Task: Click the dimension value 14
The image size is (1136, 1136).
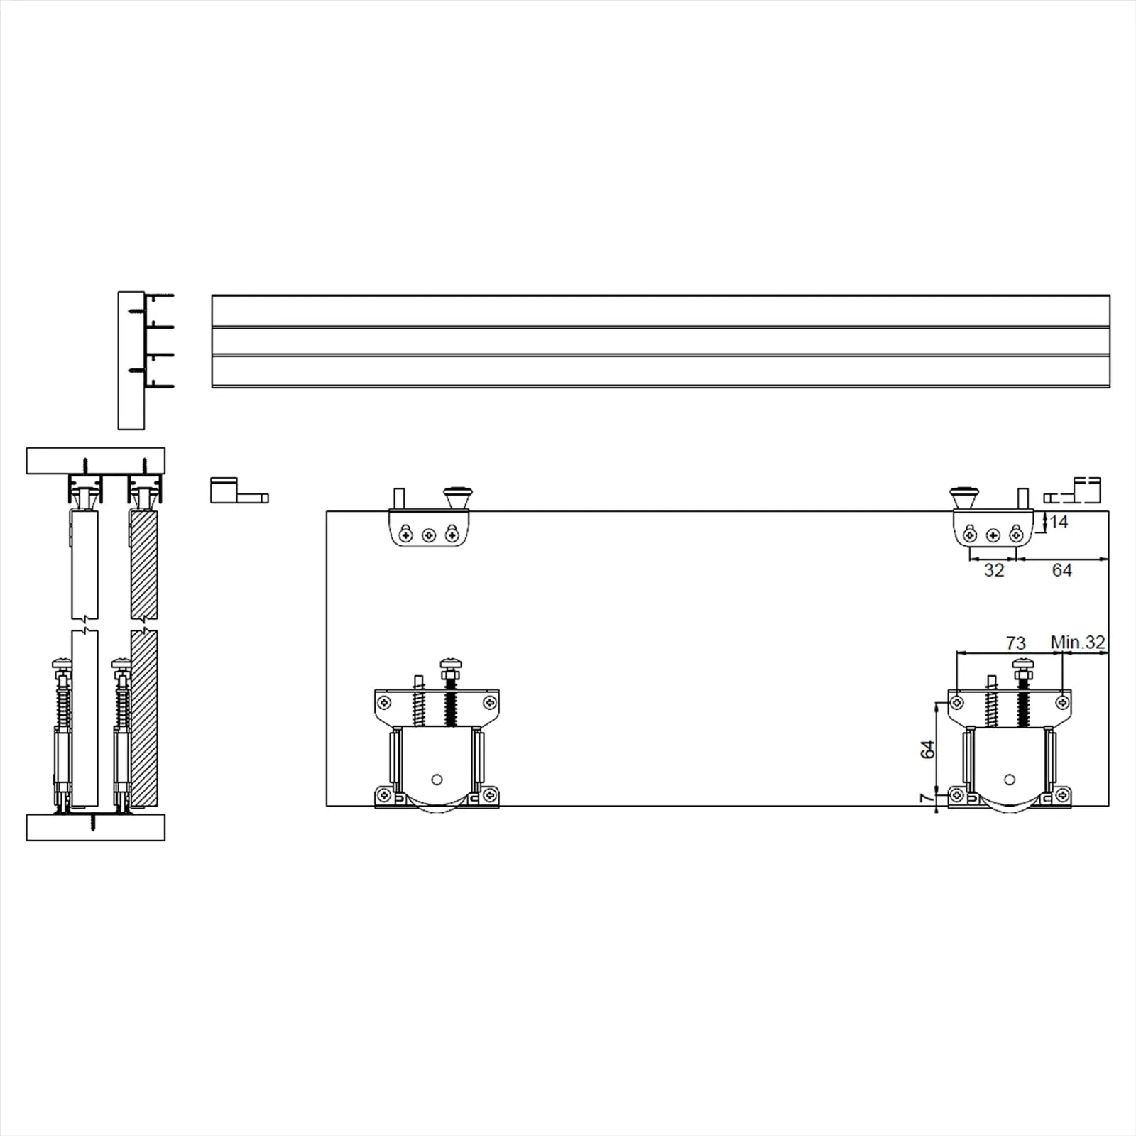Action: tap(1059, 522)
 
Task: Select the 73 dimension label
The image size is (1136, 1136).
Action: tap(1016, 643)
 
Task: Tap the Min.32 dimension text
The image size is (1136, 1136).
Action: tap(1078, 642)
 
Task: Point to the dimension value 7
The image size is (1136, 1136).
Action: tap(925, 797)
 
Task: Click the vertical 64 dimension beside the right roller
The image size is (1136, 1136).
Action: tap(927, 749)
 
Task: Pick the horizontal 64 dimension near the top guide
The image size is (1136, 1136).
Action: tap(1061, 570)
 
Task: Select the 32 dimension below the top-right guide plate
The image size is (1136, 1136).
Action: tap(994, 570)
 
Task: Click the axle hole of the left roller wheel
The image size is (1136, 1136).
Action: tap(437, 779)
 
